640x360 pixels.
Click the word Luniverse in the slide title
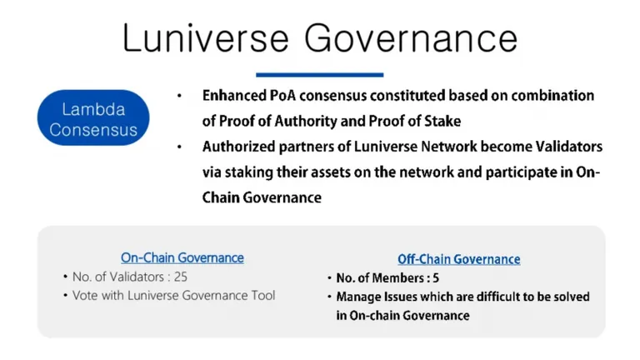point(205,38)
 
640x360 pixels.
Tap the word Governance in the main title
point(411,38)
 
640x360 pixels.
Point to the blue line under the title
point(320,75)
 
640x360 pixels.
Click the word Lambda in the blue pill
point(93,109)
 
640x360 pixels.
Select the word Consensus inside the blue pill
point(93,130)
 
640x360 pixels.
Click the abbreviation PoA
point(284,96)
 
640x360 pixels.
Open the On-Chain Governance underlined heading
point(182,258)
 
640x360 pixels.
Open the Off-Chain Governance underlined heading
point(459,259)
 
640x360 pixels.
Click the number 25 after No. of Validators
point(180,277)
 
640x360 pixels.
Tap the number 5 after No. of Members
point(436,278)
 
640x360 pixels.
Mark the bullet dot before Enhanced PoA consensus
point(179,96)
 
